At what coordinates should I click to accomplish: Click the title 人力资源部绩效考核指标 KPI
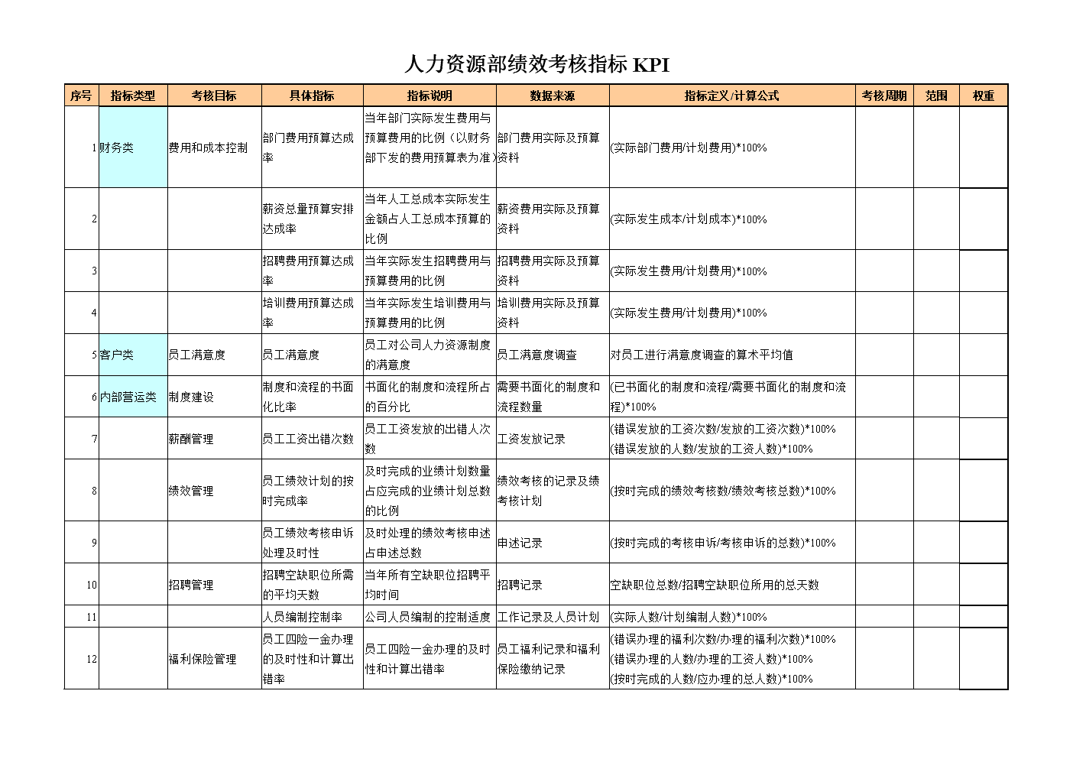tap(536, 65)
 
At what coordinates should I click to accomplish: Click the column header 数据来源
tap(552, 96)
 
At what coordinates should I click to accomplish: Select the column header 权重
tap(983, 96)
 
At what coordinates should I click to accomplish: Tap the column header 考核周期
tap(883, 96)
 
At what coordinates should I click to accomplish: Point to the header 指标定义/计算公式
tap(731, 96)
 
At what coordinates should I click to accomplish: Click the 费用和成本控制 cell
tap(208, 148)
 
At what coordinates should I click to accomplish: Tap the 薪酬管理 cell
tap(191, 439)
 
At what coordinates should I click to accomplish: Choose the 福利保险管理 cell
tap(203, 659)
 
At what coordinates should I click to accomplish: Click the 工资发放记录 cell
tap(531, 439)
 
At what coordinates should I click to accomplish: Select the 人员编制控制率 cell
tap(303, 617)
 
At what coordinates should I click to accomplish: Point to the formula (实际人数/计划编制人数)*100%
tap(688, 617)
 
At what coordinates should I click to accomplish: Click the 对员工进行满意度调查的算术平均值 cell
tap(702, 355)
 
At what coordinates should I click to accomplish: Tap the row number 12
tap(91, 659)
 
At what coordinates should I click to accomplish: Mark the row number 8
tap(94, 491)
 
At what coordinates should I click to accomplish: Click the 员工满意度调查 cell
tap(536, 355)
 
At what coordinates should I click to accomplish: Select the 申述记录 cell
tap(520, 543)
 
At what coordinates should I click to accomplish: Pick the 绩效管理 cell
tap(191, 491)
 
